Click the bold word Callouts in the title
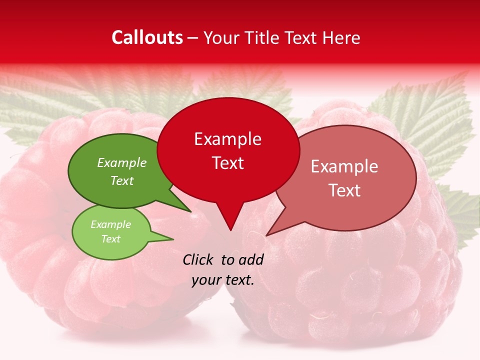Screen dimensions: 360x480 click(147, 37)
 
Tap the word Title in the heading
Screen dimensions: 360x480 click(263, 37)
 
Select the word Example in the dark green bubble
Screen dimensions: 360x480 click(122, 162)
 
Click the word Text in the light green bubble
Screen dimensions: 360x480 click(111, 239)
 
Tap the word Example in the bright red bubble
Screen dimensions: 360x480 click(227, 139)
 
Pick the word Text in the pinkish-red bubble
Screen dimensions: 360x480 click(345, 190)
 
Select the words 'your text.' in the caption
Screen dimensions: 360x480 click(223, 280)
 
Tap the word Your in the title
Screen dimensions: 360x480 click(222, 37)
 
